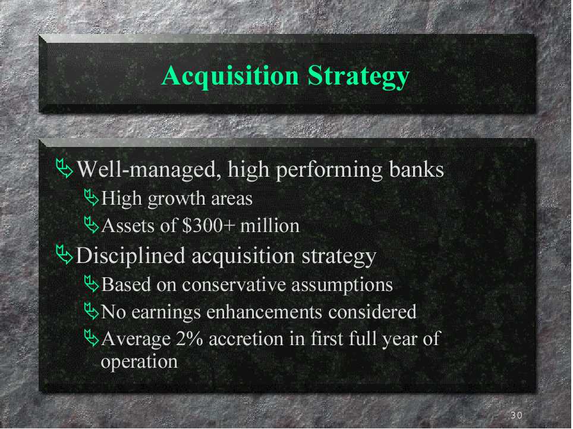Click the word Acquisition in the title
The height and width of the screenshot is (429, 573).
[x=230, y=76]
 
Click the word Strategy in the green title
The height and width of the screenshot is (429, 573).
[x=358, y=76]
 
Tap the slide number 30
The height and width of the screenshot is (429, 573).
[x=517, y=415]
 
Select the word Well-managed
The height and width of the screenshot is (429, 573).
[x=149, y=170]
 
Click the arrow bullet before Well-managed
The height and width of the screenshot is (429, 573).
[x=64, y=168]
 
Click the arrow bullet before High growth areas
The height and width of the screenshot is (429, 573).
[x=92, y=198]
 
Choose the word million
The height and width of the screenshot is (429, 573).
[x=270, y=226]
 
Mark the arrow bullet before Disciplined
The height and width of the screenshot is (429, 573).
[x=64, y=255]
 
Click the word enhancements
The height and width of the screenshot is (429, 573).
[x=264, y=312]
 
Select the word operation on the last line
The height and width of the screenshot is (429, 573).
[x=139, y=362]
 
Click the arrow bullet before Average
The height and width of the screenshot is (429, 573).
[x=92, y=338]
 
